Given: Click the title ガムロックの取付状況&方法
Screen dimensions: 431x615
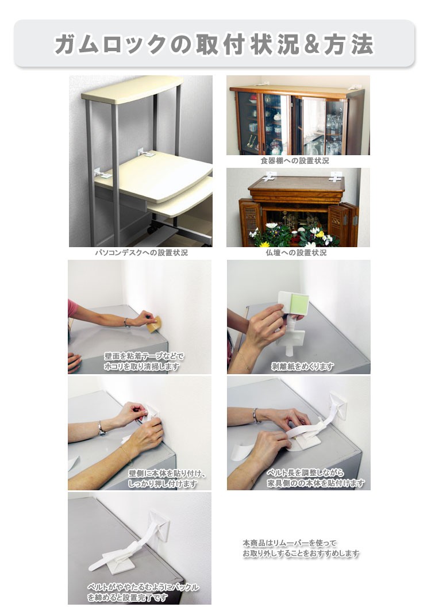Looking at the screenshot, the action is pos(214,44).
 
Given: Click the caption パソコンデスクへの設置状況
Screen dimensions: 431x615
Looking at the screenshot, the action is pos(141,253).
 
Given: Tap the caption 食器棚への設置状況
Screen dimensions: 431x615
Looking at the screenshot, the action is pos(295,161).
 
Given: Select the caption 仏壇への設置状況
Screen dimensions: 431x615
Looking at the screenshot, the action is pos(296,253).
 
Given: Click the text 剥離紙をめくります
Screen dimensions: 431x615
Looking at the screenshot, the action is pos(302,366).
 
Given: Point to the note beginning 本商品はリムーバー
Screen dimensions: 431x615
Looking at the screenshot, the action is pos(301,548).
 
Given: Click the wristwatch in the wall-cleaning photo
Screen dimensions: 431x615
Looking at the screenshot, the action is pos(126,323).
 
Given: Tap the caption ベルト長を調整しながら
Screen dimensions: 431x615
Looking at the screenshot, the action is pos(305,472).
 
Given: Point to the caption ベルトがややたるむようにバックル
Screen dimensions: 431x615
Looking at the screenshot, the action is pos(143,587).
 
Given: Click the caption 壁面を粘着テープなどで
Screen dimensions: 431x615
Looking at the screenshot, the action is pos(144,356).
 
